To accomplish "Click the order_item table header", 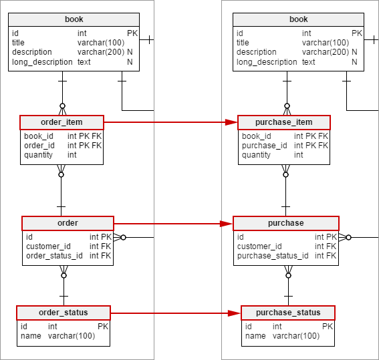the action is click(x=62, y=122).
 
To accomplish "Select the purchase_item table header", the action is click(x=284, y=122).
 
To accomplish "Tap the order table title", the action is click(x=68, y=223).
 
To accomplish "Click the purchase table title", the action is click(x=286, y=223).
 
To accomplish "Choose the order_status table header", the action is click(x=64, y=313).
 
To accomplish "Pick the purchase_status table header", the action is click(x=288, y=313).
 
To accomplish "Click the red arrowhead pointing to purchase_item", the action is click(x=231, y=122).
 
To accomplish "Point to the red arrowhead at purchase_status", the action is click(x=235, y=313).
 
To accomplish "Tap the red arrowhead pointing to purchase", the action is click(x=227, y=224).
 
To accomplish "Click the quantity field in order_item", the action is click(x=38, y=155).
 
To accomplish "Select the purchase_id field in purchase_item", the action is click(x=265, y=146).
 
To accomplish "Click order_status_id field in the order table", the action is click(x=54, y=256).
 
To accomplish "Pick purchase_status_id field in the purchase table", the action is click(x=273, y=256).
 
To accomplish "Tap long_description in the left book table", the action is click(x=42, y=62).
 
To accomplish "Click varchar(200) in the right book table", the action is click(x=326, y=52).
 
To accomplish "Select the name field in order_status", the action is click(x=31, y=336).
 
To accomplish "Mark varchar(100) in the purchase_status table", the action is click(x=296, y=336).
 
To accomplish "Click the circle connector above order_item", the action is click(x=62, y=106).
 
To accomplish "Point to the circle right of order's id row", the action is click(x=123, y=238).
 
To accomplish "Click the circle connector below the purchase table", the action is click(x=288, y=275).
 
